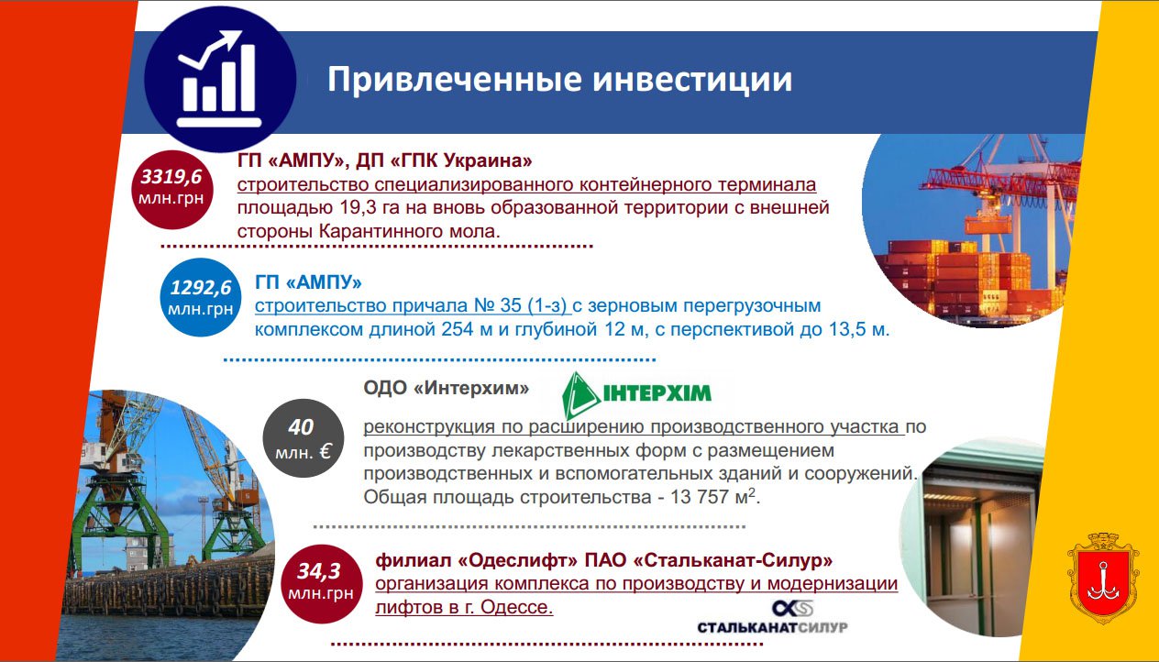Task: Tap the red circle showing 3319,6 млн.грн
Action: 171,189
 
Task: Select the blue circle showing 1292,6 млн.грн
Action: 200,298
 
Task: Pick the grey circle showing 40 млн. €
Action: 304,438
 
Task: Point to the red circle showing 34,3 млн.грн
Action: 321,583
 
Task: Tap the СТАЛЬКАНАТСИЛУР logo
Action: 772,617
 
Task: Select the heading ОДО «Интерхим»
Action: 446,388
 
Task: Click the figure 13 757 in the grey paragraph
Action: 700,497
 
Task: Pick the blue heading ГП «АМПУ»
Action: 308,282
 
